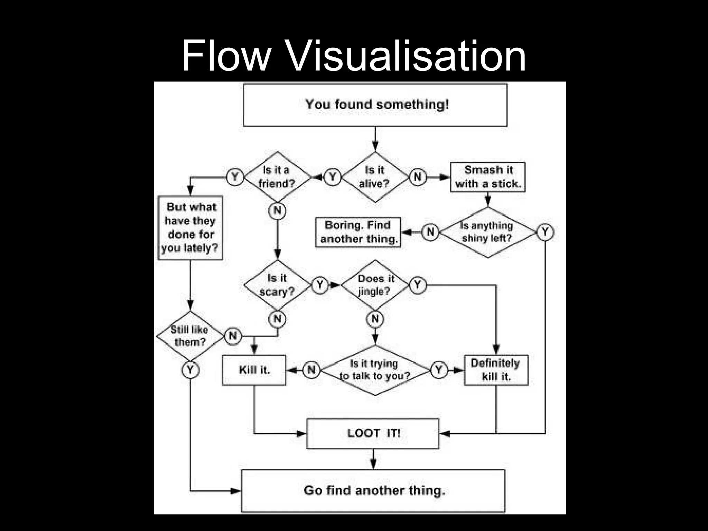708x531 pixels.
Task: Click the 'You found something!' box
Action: click(x=375, y=105)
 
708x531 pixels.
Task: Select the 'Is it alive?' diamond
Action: click(x=375, y=177)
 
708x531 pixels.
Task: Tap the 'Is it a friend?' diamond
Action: click(x=277, y=177)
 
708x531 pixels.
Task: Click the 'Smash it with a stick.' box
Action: click(x=487, y=177)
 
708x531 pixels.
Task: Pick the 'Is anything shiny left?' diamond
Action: click(x=487, y=232)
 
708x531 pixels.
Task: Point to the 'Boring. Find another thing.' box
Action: click(x=358, y=232)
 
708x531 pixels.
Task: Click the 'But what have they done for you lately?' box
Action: click(x=190, y=228)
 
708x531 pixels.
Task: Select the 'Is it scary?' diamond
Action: click(x=277, y=285)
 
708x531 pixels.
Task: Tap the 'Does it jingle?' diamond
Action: click(x=375, y=285)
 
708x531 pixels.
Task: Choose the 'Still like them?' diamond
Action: click(x=190, y=336)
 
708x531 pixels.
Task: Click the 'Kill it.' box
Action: click(x=254, y=370)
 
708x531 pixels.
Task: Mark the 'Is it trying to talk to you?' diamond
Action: click(x=375, y=370)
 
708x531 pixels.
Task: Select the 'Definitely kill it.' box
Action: click(x=496, y=370)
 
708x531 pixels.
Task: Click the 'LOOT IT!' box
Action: click(x=373, y=434)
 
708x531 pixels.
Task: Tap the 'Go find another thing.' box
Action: click(x=373, y=491)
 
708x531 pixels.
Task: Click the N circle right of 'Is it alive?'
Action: click(x=418, y=177)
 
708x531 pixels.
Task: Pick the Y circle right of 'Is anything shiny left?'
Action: click(x=545, y=232)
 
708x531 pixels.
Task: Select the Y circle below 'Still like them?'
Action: click(x=190, y=370)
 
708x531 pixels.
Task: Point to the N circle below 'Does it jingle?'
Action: click(x=375, y=319)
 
